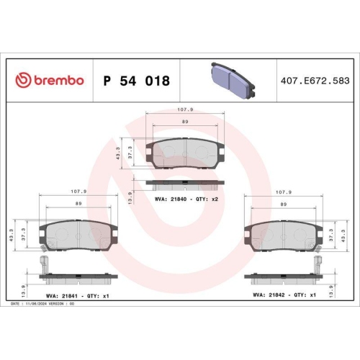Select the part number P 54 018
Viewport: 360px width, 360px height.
[x=137, y=81]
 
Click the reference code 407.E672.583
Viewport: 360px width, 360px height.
[x=314, y=81]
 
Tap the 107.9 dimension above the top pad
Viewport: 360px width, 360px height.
[x=186, y=111]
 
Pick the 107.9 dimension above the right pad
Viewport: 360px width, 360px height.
[x=284, y=192]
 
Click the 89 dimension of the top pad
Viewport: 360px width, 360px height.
[x=185, y=122]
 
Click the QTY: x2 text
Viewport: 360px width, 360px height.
[x=206, y=197]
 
